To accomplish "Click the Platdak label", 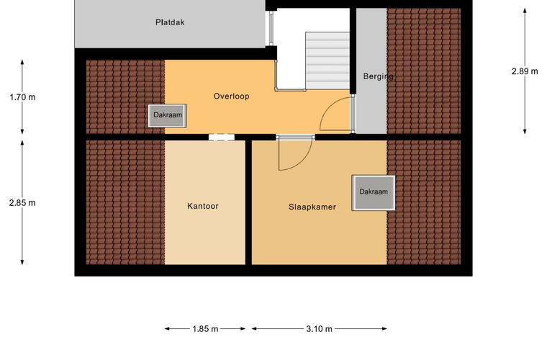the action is (170, 22).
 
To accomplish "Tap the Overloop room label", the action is (231, 96).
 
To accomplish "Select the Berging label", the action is (378, 76).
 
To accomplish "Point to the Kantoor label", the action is (203, 206).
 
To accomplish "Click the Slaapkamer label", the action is (312, 207).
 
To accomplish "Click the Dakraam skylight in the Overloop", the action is (167, 115).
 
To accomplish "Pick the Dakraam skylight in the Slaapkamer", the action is (374, 192).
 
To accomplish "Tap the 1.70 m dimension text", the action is (23, 97).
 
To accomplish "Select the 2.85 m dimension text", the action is (22, 202).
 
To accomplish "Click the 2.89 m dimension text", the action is (525, 71).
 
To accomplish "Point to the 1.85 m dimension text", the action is (205, 328).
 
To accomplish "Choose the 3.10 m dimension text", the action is (319, 328).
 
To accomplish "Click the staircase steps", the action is (327, 60).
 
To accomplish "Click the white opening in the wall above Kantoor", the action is (222, 137).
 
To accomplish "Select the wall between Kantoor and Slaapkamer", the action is (248, 202).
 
